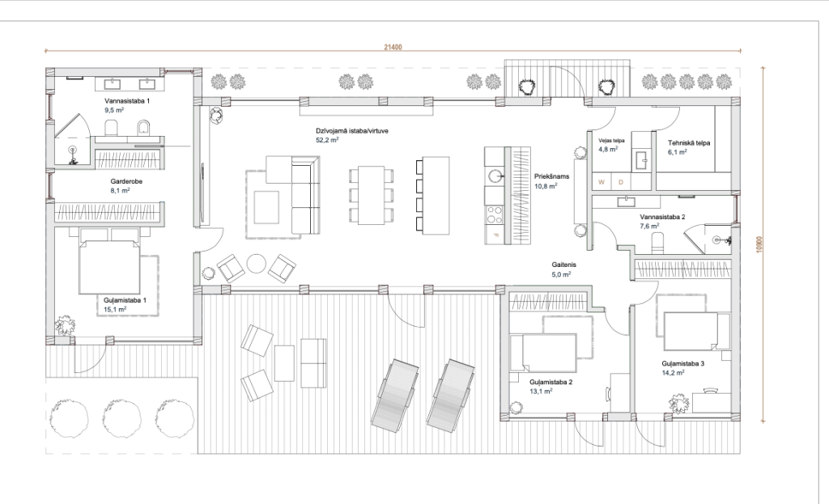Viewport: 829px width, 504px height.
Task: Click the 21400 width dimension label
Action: coord(393,47)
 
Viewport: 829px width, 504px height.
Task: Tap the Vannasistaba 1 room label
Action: coord(127,101)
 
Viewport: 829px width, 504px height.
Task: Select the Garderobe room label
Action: coord(126,181)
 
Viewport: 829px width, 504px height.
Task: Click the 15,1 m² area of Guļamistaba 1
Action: coord(115,310)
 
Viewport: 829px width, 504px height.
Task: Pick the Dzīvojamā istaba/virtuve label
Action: coord(352,131)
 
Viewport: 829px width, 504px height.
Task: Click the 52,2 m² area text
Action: coord(327,140)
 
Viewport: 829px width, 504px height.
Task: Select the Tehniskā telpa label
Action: coord(689,142)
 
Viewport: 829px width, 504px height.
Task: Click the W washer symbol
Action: coord(602,182)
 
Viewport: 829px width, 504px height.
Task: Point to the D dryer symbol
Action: coord(621,182)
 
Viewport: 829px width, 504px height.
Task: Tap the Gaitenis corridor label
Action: coord(563,265)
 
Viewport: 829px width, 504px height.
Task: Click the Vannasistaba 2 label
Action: coord(662,217)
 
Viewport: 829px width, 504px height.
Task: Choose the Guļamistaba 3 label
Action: coord(682,363)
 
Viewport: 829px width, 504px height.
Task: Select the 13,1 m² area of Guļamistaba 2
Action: coord(541,392)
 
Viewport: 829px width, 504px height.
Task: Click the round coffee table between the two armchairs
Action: coord(257,264)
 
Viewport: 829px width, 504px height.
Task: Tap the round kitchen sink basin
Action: coord(495,175)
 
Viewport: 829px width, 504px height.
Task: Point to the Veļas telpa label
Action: coord(611,141)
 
